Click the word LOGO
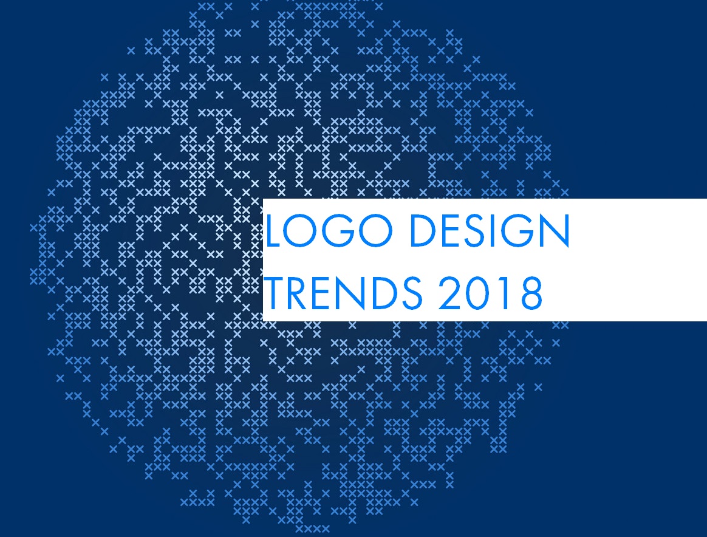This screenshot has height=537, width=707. pos(330,230)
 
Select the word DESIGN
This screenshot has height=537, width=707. pos(490,230)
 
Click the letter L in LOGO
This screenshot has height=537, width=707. pos(274,230)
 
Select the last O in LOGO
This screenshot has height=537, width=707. pos(376,230)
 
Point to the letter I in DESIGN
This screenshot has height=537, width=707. pos(493,230)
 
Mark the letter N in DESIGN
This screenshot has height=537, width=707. pos(556,230)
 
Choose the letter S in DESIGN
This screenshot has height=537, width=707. pos(476,230)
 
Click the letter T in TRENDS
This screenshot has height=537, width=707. pos(273,293)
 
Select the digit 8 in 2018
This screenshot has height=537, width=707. pos(531,293)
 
